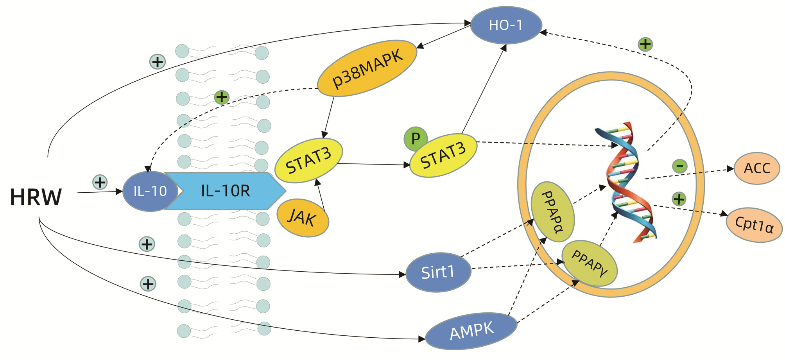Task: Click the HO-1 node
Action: click(506, 25)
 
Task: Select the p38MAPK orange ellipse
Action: click(367, 68)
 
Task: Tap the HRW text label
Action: click(36, 197)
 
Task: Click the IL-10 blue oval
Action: click(150, 191)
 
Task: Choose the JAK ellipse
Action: click(303, 218)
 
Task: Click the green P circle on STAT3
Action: click(416, 138)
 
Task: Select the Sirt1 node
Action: click(438, 272)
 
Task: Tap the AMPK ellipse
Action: click(471, 331)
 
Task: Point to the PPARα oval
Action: click(552, 211)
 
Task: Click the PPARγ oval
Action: click(590, 263)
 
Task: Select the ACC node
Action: click(757, 168)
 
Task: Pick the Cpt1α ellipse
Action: click(754, 225)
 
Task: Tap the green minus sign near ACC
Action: click(680, 167)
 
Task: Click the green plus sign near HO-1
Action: click(645, 44)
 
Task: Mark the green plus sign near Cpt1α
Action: click(679, 199)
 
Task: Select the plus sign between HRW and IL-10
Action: click(100, 182)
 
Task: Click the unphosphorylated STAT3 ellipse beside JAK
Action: click(309, 161)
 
